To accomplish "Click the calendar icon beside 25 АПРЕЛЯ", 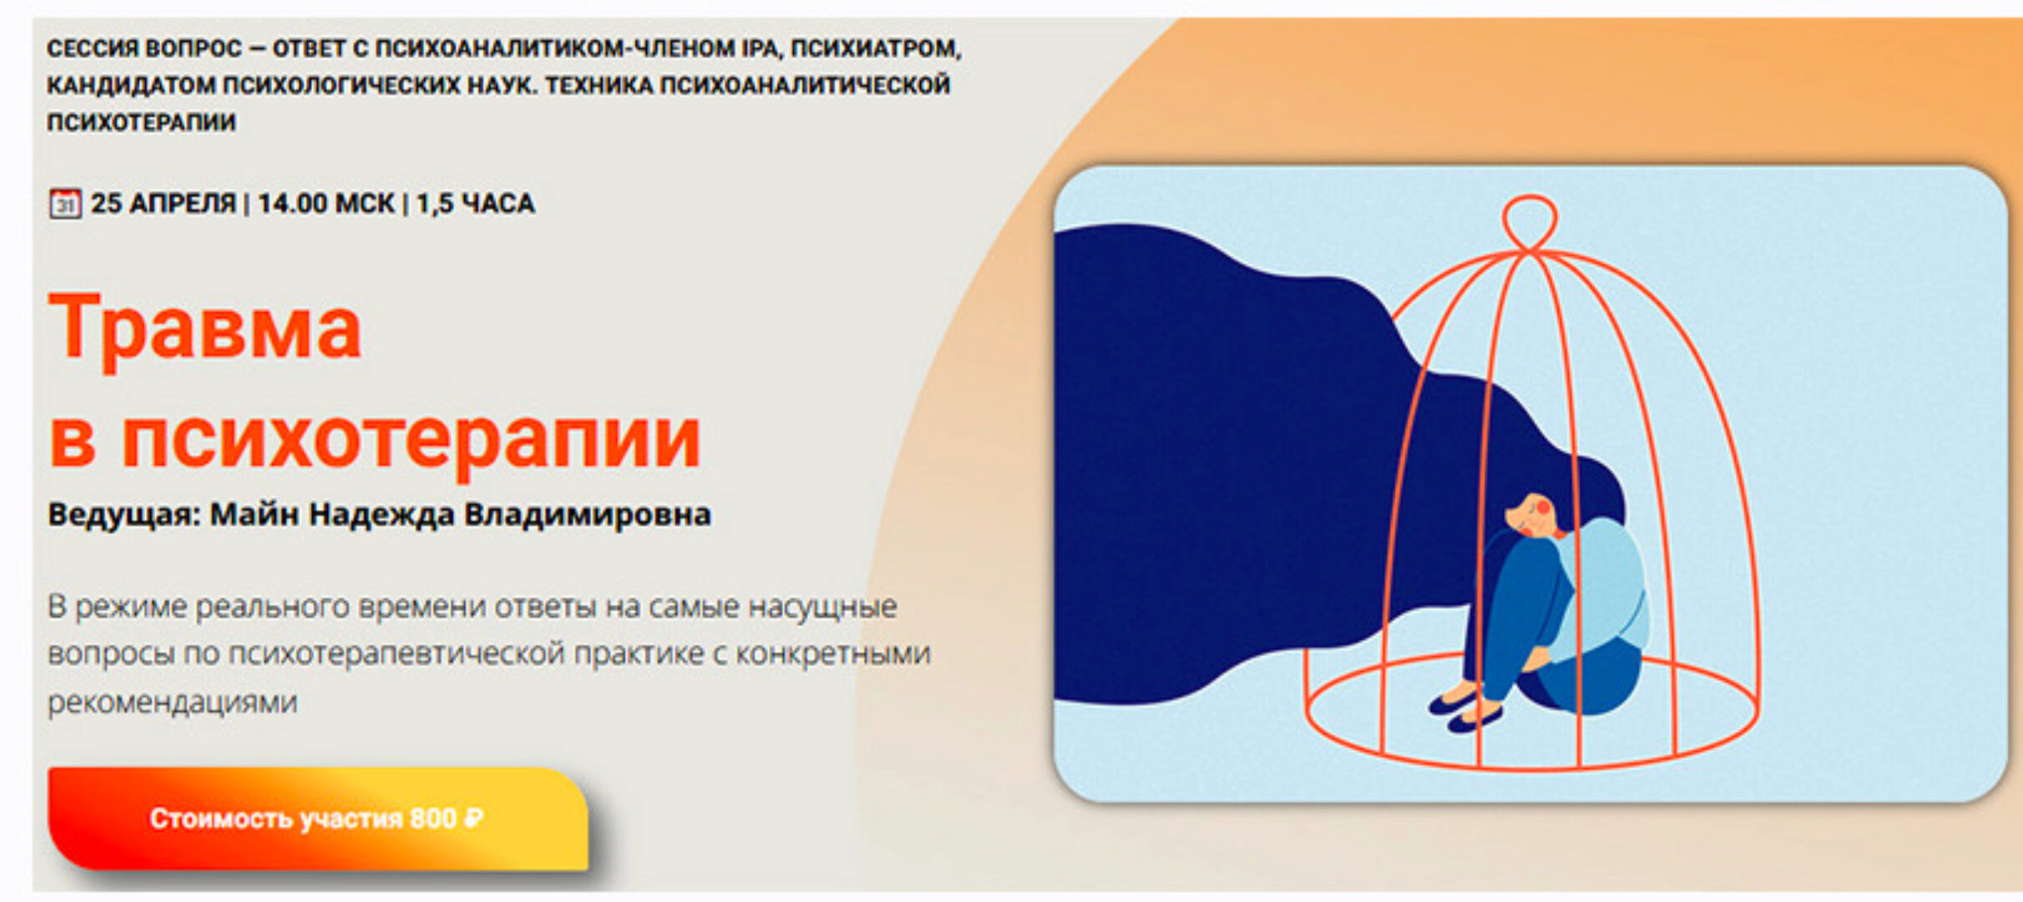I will [x=64, y=204].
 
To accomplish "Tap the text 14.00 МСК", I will [x=326, y=204].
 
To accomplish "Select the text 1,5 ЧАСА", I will [x=475, y=204].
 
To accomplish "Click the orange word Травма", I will [x=205, y=328].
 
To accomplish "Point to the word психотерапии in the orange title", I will [x=411, y=439].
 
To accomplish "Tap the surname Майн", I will [x=255, y=514].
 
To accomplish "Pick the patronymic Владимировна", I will [x=587, y=514].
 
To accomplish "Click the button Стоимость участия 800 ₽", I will [x=317, y=818].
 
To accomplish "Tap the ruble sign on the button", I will [x=473, y=818].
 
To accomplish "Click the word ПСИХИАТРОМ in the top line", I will [x=876, y=48].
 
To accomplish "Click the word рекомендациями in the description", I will [x=172, y=702].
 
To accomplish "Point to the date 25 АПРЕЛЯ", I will [x=163, y=204].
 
